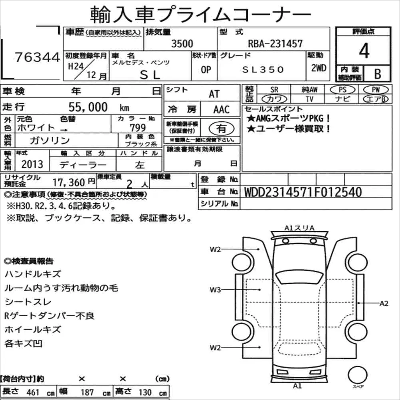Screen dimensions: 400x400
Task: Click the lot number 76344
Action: [x=37, y=57]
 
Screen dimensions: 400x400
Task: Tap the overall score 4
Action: [x=364, y=51]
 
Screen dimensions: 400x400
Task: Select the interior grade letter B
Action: [x=378, y=74]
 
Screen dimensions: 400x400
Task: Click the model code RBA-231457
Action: [x=275, y=44]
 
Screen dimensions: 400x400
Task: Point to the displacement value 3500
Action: [x=182, y=44]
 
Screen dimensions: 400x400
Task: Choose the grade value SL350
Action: [x=263, y=69]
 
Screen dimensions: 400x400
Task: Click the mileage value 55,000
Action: [x=88, y=107]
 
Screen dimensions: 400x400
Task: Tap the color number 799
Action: [x=138, y=128]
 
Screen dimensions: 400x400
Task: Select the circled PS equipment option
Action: [x=343, y=89]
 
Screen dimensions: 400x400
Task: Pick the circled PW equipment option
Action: [x=376, y=89]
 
